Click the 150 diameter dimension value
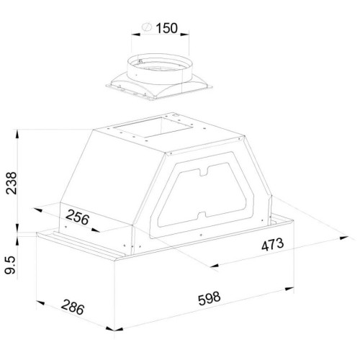tap(167, 28)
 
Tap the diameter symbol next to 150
tap(147, 27)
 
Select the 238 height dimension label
tap(12, 183)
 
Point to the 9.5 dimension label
tap(11, 265)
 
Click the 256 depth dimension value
tap(77, 217)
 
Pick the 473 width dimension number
tap(272, 245)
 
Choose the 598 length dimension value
tap(209, 298)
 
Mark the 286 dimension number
tap(73, 307)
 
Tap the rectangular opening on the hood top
tap(153, 127)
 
